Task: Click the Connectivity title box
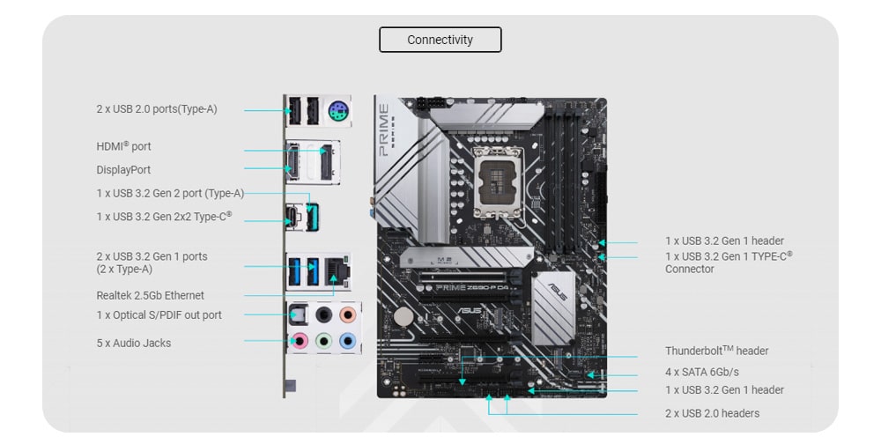pyautogui.click(x=440, y=40)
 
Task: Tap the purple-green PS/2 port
pyautogui.click(x=338, y=110)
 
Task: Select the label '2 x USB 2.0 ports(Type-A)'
pyautogui.click(x=157, y=109)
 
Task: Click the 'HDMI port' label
pyautogui.click(x=123, y=146)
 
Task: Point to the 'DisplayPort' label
pyautogui.click(x=123, y=170)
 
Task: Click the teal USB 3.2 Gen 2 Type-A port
pyautogui.click(x=313, y=217)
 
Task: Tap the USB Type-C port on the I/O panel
pyautogui.click(x=292, y=217)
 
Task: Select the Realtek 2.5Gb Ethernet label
pyautogui.click(x=150, y=295)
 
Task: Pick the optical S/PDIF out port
pyautogui.click(x=298, y=314)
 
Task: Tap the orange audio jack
pyautogui.click(x=348, y=314)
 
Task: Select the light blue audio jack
pyautogui.click(x=348, y=340)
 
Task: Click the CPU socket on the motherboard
pyautogui.click(x=496, y=182)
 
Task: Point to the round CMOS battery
pyautogui.click(x=403, y=317)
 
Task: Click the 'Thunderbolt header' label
pyautogui.click(x=717, y=351)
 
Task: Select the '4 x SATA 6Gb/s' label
pyautogui.click(x=702, y=372)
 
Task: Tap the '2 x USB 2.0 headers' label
pyautogui.click(x=712, y=413)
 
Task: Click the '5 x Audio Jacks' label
pyautogui.click(x=134, y=343)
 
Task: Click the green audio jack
pyautogui.click(x=323, y=340)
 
